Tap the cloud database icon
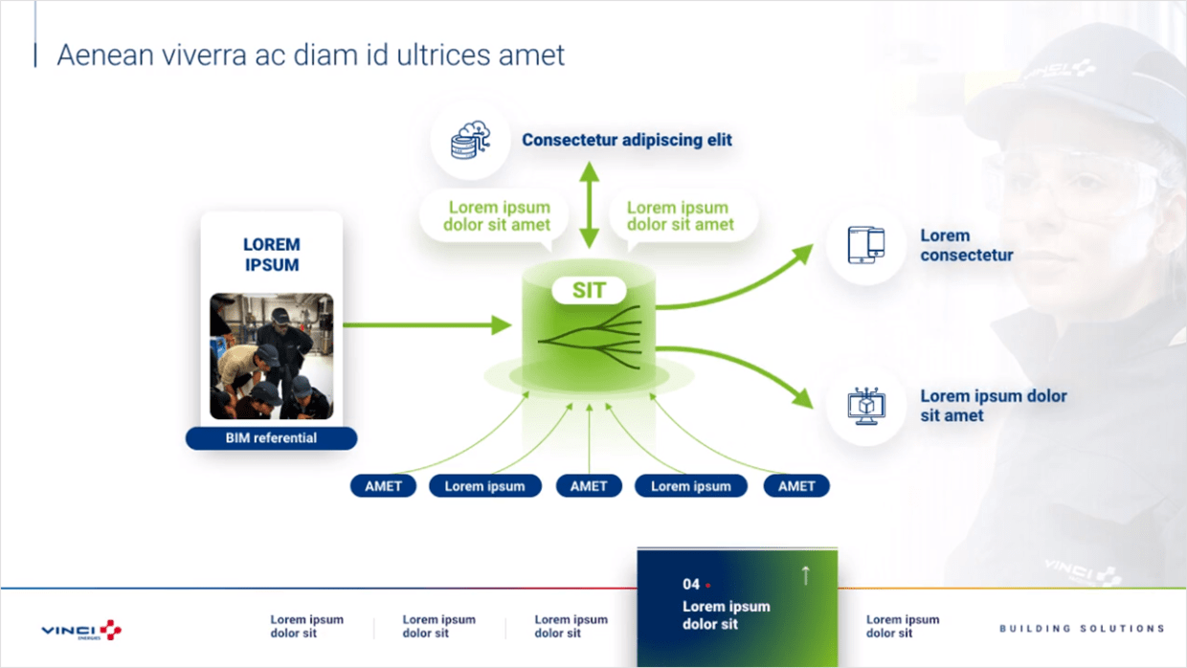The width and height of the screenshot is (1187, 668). click(470, 141)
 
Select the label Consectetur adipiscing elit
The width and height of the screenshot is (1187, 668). click(626, 140)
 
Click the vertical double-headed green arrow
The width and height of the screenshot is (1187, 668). click(589, 206)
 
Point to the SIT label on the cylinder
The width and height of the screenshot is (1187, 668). click(589, 290)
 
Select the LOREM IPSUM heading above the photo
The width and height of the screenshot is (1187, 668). click(271, 255)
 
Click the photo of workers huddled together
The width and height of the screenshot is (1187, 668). click(272, 356)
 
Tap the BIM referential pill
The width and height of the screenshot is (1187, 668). click(271, 438)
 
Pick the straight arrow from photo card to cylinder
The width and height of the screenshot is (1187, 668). click(426, 325)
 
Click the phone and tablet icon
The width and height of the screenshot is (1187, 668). click(865, 245)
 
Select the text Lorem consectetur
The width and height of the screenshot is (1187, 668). click(966, 245)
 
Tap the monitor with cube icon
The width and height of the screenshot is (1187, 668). click(865, 406)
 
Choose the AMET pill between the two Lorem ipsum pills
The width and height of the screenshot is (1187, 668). click(589, 486)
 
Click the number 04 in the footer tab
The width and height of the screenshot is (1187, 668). click(691, 584)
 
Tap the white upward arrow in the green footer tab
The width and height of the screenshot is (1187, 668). click(805, 574)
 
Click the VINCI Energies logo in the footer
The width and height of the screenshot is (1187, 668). click(81, 630)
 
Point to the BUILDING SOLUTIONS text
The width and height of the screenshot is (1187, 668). click(1082, 629)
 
